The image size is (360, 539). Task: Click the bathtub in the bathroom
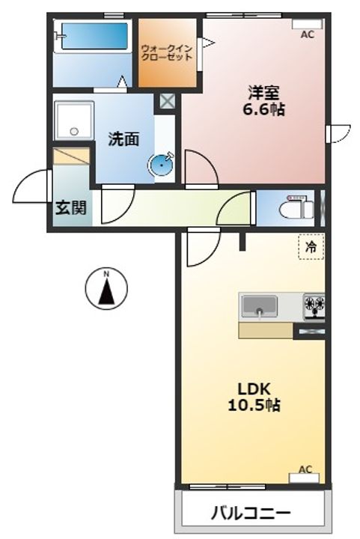point(93,36)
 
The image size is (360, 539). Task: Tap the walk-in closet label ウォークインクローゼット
point(167,52)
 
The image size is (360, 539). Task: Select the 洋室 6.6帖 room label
point(263,100)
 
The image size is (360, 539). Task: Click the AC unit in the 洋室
point(307,24)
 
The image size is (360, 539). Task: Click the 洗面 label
point(123,139)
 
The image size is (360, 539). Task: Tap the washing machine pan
point(74,121)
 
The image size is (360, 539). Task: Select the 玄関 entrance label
point(71,207)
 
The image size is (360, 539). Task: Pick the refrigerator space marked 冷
point(311,246)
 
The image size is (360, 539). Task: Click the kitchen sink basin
point(260,306)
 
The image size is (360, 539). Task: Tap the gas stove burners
point(314,305)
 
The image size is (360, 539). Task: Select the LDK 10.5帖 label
point(254,397)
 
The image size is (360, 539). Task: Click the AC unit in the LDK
point(304,478)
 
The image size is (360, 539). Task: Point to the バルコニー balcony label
point(251,514)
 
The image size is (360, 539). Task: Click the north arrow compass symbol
point(106,287)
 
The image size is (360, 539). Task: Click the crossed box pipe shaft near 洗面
point(168,101)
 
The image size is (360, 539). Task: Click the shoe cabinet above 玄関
point(71,156)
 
